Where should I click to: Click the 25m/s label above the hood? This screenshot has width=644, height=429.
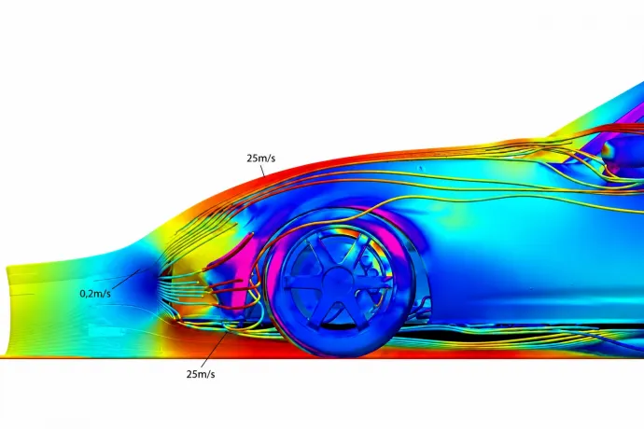[x=260, y=158]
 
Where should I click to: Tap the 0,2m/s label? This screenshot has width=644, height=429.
[x=95, y=294]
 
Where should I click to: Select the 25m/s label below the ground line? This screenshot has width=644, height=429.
[x=201, y=374]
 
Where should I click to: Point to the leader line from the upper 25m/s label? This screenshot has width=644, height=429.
[x=262, y=170]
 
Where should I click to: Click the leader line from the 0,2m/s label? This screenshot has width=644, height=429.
[x=126, y=279]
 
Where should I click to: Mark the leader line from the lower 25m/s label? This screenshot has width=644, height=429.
[x=216, y=348]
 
